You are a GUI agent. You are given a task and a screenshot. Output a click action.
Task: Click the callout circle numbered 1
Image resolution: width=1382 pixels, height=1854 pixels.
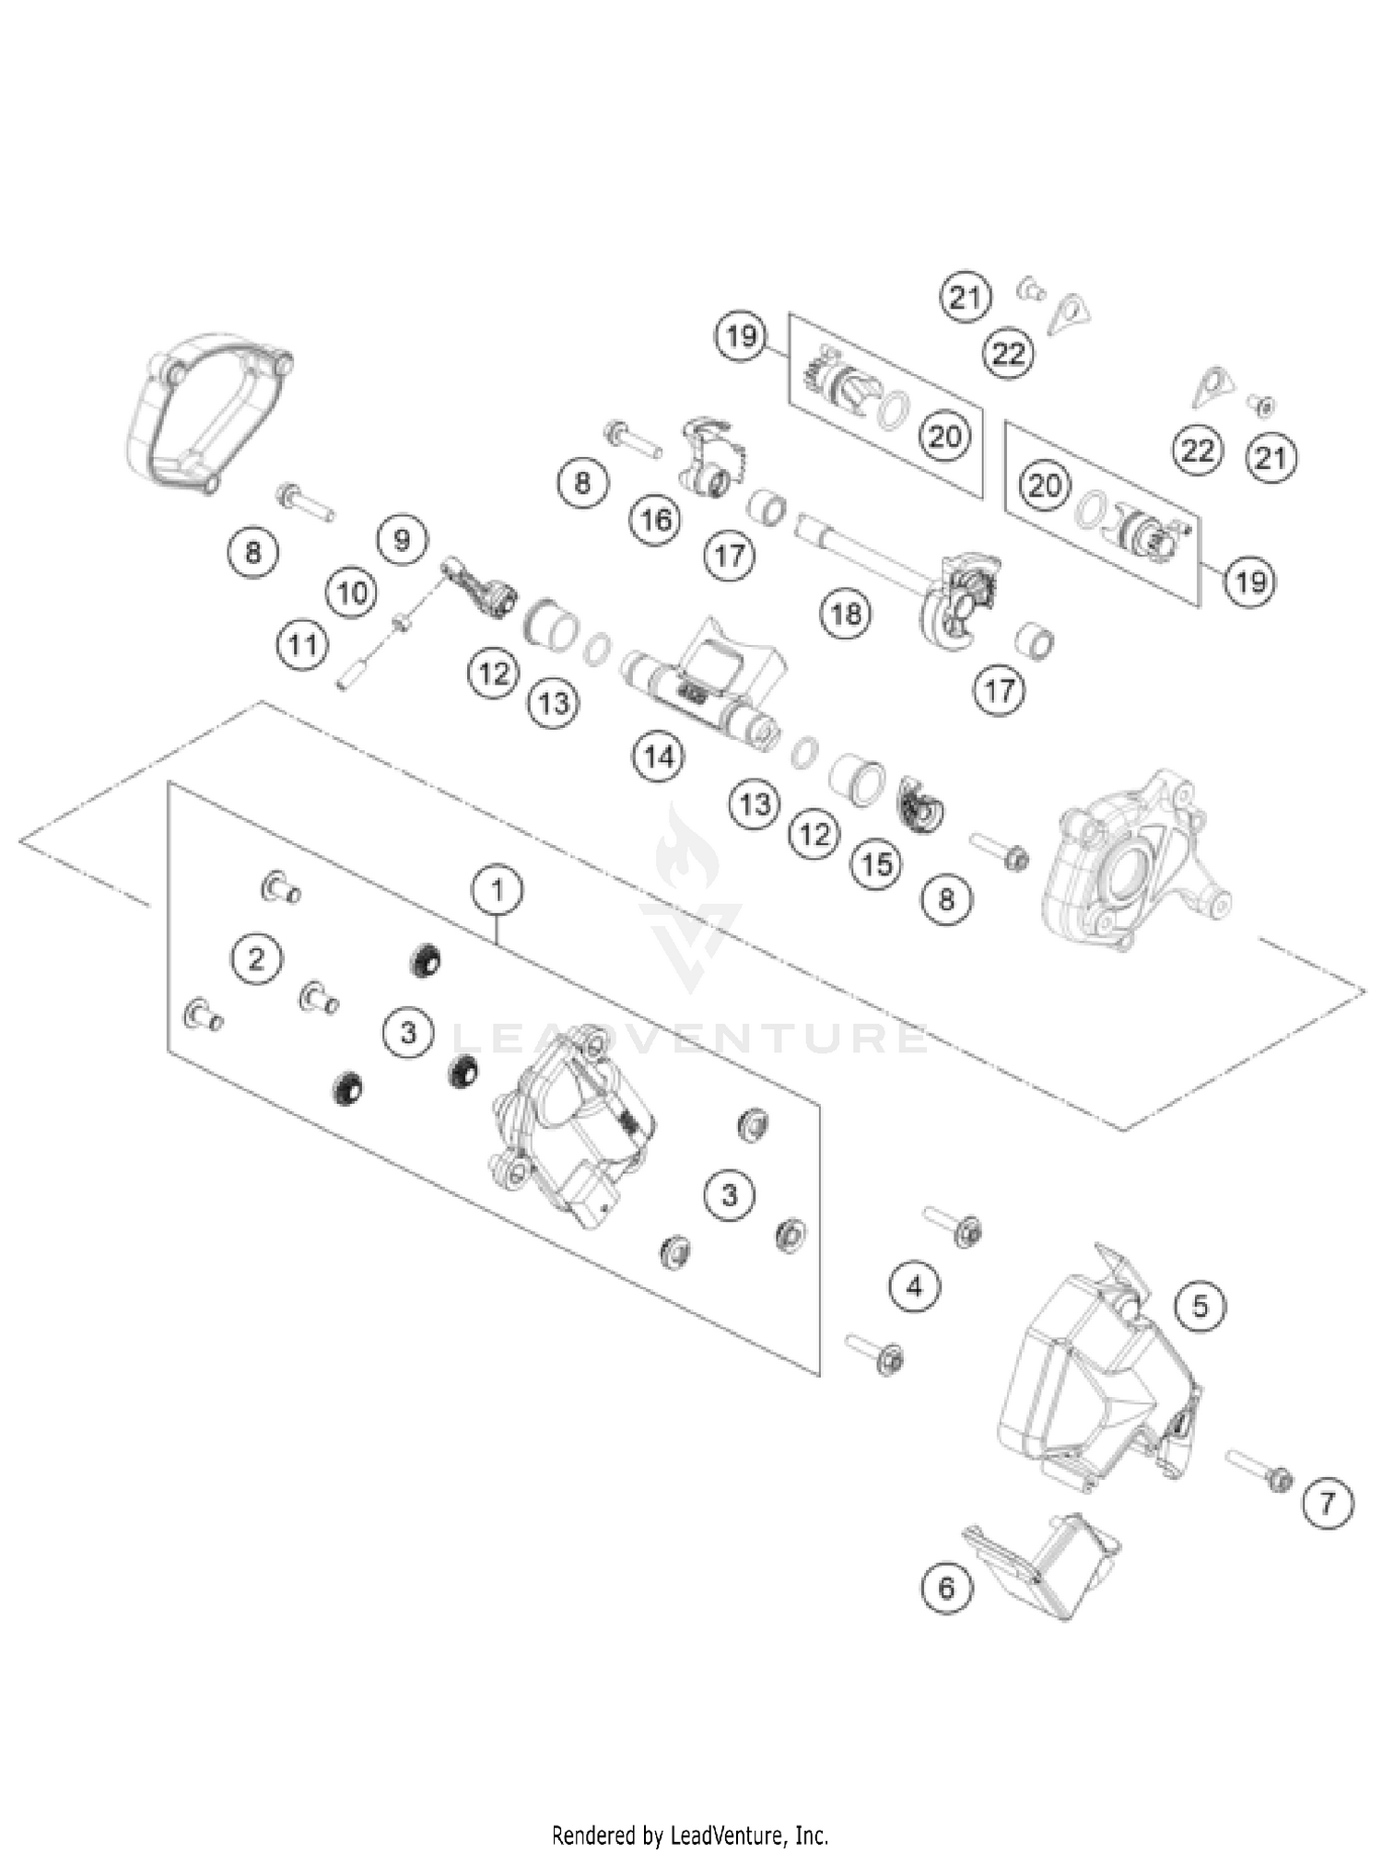498,890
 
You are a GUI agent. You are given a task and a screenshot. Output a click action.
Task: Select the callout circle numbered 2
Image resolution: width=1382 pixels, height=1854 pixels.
256,959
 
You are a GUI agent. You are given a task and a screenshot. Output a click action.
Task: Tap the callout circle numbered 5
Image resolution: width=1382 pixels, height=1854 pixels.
1200,1306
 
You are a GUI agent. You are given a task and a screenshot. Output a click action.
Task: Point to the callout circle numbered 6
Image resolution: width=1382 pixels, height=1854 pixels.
946,1588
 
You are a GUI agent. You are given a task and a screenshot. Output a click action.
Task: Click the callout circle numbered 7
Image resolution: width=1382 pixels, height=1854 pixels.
1327,1504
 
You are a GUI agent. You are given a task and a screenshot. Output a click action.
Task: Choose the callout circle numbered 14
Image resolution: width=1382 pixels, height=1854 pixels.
659,757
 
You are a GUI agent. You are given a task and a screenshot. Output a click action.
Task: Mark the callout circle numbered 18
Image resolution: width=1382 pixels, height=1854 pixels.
846,613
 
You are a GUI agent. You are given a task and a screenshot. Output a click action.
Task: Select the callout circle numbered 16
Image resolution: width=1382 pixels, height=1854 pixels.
655,521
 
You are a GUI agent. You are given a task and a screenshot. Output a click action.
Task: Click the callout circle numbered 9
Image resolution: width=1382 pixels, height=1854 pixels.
402,539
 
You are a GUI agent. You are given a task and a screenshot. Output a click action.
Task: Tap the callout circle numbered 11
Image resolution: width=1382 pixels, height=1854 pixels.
303,645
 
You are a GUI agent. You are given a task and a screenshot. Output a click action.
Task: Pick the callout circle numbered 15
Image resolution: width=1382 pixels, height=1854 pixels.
876,863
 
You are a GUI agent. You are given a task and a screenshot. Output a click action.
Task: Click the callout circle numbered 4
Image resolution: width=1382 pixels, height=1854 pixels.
914,1285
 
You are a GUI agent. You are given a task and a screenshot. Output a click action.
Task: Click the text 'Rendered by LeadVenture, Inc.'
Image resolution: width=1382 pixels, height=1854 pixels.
690,1835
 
